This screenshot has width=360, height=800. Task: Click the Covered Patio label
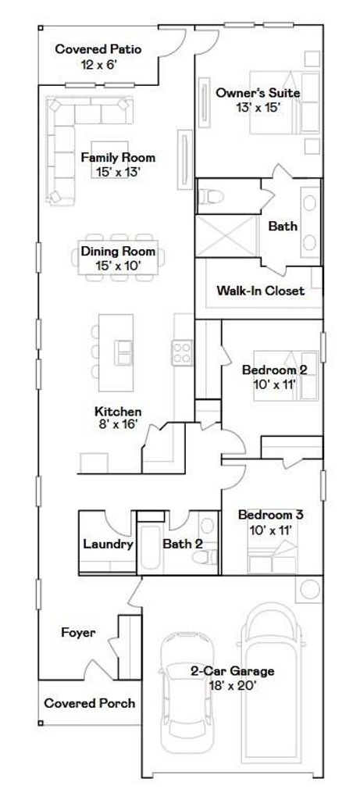98,49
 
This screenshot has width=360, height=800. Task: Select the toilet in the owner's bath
211,196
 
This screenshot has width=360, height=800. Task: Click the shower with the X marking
226,236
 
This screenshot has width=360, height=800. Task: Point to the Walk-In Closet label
261,291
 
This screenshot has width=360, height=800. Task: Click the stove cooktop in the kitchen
182,352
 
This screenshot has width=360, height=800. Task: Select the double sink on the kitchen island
123,352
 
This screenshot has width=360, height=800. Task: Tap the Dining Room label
118,252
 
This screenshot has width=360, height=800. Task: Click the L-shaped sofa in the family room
77,137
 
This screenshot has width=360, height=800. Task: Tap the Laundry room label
108,545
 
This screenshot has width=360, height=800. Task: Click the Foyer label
78,633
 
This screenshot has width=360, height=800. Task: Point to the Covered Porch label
90,703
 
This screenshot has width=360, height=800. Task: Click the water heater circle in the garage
309,589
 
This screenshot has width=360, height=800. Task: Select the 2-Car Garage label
232,671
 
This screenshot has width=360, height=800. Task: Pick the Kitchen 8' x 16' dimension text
118,423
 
